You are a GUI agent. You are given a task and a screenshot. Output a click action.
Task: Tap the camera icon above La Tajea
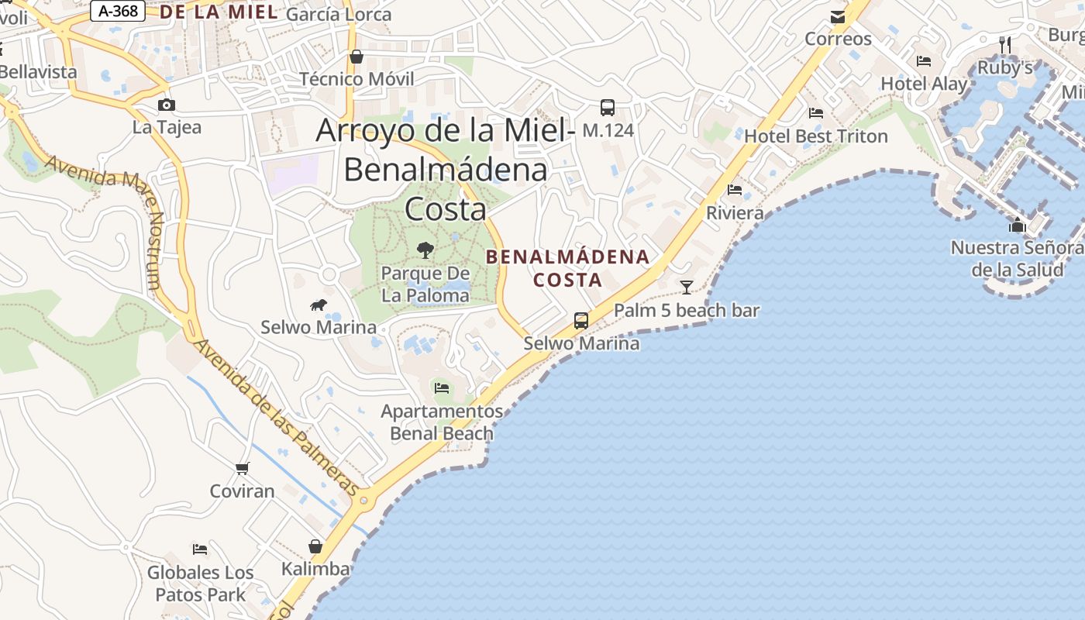pos(166,105)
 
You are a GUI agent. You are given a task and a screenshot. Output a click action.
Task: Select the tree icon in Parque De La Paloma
pos(425,250)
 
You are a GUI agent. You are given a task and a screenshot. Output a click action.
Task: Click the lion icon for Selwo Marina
pos(318,305)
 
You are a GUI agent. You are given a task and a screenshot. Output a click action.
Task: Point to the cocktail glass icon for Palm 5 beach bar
pos(687,288)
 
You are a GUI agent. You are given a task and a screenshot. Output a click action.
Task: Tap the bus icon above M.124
pos(608,108)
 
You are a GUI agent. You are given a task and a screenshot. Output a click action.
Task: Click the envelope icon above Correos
pos(838,17)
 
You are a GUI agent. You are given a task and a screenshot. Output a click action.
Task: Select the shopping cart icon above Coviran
pos(242,468)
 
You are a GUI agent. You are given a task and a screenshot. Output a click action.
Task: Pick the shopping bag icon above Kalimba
pos(315,546)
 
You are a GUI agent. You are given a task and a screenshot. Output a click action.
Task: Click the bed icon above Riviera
pos(735,189)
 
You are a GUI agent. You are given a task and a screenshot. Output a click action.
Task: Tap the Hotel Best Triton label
pos(815,136)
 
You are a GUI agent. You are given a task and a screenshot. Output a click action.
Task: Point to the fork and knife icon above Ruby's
pos(1005,44)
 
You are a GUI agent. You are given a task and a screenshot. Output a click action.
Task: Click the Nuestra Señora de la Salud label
pos(1017,259)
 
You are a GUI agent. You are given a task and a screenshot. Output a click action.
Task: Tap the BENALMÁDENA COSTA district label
pos(567,268)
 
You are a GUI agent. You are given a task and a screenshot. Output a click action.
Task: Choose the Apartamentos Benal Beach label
pos(442,422)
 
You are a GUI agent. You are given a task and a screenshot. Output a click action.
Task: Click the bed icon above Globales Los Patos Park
pos(200,549)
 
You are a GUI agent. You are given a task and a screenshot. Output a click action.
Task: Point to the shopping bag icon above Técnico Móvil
pos(356,57)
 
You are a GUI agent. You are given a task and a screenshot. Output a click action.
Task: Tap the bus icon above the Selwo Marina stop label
pos(580,320)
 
